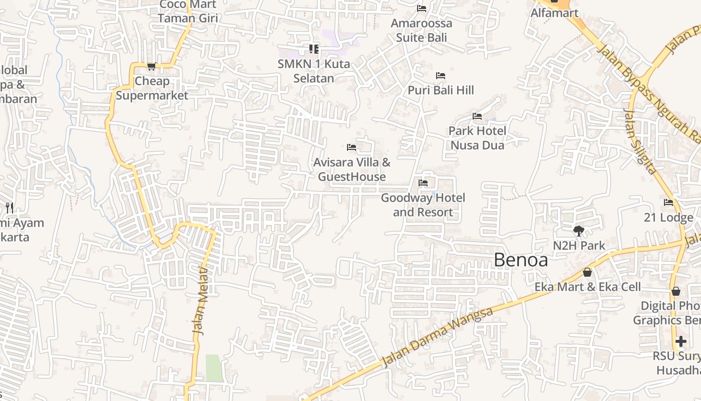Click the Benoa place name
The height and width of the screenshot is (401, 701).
click(521, 260)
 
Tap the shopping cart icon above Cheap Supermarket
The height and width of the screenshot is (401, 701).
click(152, 66)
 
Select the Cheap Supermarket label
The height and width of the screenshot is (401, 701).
click(152, 88)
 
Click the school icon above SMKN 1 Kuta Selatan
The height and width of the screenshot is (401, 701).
click(314, 49)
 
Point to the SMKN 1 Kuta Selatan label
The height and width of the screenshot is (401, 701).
click(314, 71)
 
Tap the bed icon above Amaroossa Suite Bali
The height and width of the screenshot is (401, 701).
click(422, 9)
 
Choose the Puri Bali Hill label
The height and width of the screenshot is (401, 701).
click(441, 90)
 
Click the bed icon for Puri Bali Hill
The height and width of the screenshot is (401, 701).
click(441, 76)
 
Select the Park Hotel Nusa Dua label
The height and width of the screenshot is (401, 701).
click(477, 138)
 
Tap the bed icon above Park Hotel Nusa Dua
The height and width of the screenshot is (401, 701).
click(477, 116)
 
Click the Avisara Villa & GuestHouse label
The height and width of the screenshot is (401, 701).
click(352, 169)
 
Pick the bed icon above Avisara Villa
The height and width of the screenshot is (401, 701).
click(352, 147)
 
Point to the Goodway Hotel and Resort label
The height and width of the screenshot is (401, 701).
click(423, 205)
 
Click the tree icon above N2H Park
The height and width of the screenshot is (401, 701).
click(579, 231)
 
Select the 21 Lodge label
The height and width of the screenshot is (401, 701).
click(668, 218)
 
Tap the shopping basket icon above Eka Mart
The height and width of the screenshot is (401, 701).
click(587, 272)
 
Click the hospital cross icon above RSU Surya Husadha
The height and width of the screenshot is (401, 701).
click(680, 341)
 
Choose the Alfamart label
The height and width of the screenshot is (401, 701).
click(554, 13)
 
